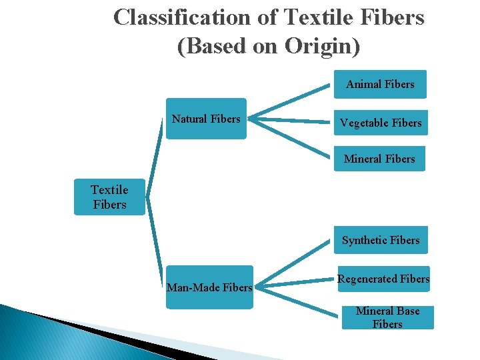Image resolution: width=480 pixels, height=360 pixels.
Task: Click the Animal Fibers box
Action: pyautogui.click(x=380, y=85)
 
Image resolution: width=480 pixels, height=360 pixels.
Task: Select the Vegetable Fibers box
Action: pyautogui.click(x=381, y=123)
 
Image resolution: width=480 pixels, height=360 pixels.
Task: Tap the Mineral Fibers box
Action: pyautogui.click(x=379, y=159)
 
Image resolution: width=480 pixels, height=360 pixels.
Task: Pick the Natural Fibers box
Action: pyautogui.click(x=206, y=119)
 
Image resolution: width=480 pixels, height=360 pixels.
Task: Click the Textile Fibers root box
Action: pyautogui.click(x=109, y=197)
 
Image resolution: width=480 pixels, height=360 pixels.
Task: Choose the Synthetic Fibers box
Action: pyautogui.click(x=381, y=240)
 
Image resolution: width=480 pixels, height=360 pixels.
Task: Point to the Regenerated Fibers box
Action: pyautogui.click(x=383, y=279)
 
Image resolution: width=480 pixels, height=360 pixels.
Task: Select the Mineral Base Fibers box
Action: pyautogui.click(x=387, y=317)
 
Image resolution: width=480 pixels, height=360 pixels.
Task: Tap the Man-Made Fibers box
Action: pyautogui.click(x=209, y=288)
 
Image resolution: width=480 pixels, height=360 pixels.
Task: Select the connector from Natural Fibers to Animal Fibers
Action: pyautogui.click(x=293, y=100)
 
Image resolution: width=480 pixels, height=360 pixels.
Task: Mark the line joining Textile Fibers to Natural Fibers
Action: pyautogui.click(x=155, y=160)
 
